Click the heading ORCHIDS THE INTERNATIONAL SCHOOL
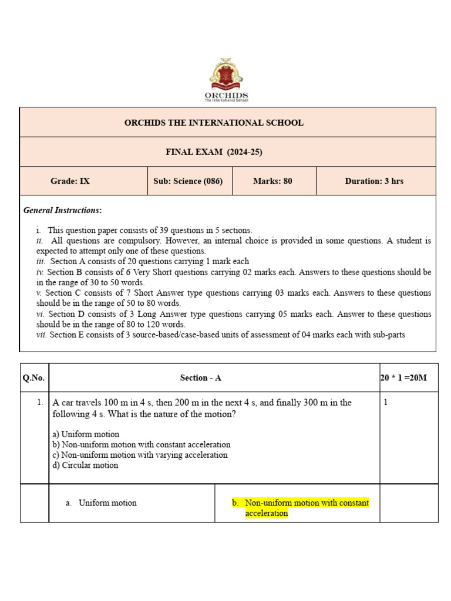[214, 123]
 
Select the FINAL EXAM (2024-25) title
[214, 152]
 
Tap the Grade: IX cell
[70, 181]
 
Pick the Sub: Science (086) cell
[188, 181]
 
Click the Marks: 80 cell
[272, 181]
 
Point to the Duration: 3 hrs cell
[374, 181]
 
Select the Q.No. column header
[33, 378]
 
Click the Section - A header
[200, 378]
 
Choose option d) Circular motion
[86, 465]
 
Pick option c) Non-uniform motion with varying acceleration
[140, 455]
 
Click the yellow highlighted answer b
[301, 508]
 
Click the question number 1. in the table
[39, 403]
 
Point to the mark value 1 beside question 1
[386, 403]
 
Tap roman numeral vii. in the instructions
[42, 335]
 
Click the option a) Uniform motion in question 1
[86, 434]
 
